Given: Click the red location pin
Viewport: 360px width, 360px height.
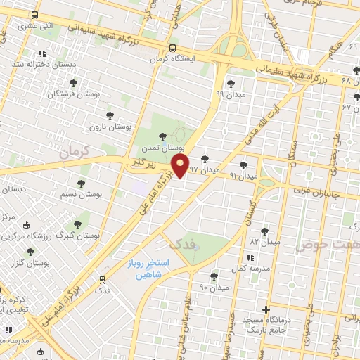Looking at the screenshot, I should point(181,167).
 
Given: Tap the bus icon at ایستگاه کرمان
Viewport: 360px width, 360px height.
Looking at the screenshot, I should point(173,48).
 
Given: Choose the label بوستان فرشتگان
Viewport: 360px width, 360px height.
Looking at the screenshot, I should point(80,93).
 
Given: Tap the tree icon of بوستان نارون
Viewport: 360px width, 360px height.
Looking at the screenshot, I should point(110,114).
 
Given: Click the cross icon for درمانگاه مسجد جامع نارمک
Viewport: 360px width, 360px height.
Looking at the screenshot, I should point(266,309).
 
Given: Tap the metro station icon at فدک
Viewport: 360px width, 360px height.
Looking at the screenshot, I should point(102,278).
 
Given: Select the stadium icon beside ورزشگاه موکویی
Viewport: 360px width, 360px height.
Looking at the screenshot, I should point(27,225).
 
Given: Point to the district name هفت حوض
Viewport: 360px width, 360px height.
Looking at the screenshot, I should point(327,245).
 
